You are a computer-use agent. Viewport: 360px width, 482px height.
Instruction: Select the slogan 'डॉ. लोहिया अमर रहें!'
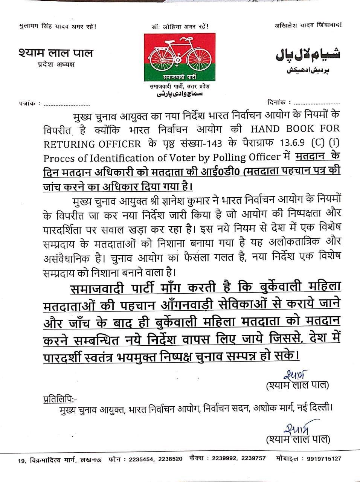(180, 26)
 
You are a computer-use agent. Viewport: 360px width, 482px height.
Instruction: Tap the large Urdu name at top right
(308, 54)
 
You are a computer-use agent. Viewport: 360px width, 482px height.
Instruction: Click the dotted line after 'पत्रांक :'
(67, 104)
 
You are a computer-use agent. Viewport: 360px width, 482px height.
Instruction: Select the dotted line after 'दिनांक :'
(317, 102)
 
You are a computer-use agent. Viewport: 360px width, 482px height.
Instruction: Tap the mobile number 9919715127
(324, 459)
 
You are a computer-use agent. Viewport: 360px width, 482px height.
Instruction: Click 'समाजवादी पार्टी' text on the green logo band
(180, 76)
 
